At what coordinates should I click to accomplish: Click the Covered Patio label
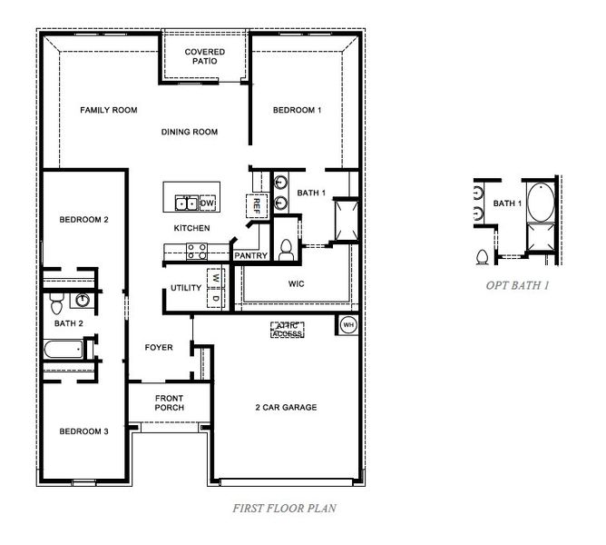pos(205,56)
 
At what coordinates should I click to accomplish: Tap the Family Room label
pos(108,110)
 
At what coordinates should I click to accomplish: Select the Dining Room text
pos(190,133)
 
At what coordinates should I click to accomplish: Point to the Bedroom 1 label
pos(297,110)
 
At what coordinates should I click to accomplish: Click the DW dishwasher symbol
pos(207,203)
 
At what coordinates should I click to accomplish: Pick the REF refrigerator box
pos(256,205)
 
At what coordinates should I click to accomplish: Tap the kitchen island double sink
pos(188,202)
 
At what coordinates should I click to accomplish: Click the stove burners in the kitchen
pos(196,252)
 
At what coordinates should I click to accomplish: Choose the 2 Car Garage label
pos(286,407)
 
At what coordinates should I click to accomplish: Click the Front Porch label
pos(169,402)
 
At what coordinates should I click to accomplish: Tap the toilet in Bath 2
pos(56,299)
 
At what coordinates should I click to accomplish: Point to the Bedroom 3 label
pos(84,431)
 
